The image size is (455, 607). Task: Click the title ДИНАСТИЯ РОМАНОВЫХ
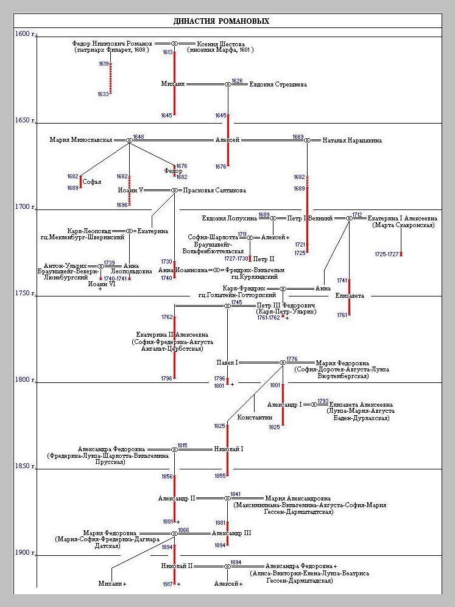(x=221, y=21)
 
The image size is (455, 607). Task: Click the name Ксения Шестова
(x=221, y=44)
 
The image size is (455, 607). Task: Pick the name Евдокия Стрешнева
(x=278, y=84)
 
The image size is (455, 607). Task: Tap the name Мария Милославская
(x=81, y=140)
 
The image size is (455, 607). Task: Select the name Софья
(x=91, y=181)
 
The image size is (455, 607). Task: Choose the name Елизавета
(x=350, y=296)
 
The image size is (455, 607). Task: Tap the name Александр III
(x=231, y=533)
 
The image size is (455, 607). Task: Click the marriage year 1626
(x=237, y=81)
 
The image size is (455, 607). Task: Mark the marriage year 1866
(x=183, y=530)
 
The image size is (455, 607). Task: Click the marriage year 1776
(x=292, y=359)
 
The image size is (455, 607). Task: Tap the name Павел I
(x=227, y=362)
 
